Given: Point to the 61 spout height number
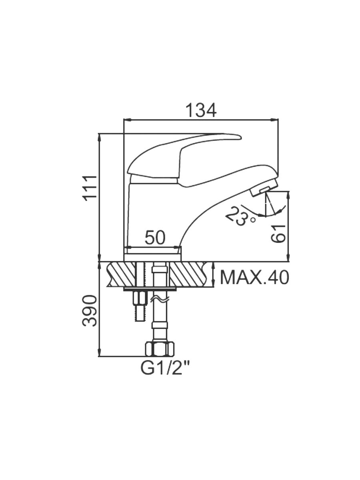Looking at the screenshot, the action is pos(278,233).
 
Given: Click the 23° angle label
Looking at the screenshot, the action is pos(239,216).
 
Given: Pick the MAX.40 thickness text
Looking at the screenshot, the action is pos(255,278).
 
